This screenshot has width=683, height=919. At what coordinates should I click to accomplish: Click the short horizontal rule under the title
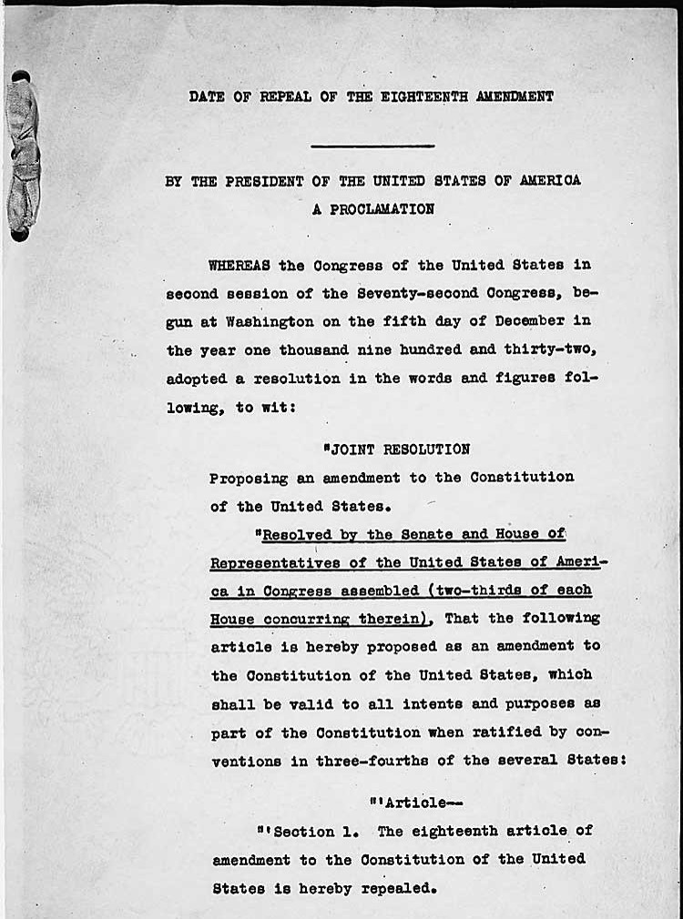[x=372, y=146]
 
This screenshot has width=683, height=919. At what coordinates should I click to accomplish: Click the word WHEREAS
[x=240, y=266]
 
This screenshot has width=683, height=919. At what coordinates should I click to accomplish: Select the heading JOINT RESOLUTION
[x=398, y=449]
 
